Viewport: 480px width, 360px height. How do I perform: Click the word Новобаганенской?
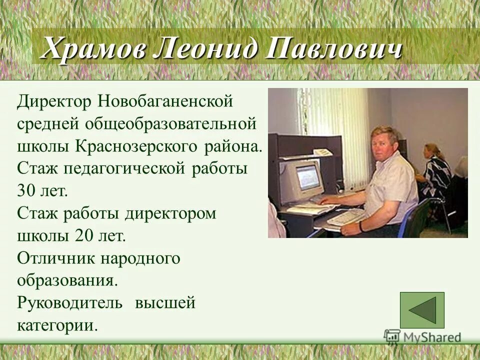165,101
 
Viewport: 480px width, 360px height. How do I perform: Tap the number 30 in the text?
26,191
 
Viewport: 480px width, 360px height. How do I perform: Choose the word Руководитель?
69,303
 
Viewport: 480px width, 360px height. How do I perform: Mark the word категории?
56,325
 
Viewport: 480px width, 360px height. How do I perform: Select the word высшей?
165,303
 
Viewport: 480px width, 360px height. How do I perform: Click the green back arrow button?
422,310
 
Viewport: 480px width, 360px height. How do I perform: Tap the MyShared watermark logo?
422,337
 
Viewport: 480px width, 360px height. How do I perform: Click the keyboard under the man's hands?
345,217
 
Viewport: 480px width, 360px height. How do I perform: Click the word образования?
67,280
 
